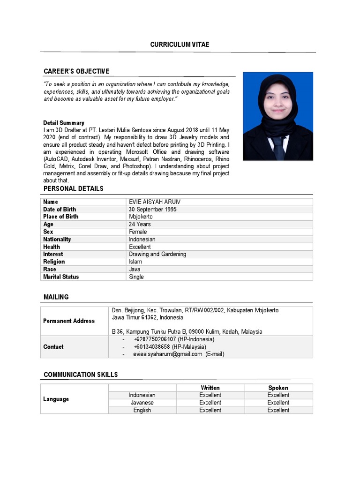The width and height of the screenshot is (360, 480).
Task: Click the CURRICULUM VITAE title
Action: (x=180, y=45)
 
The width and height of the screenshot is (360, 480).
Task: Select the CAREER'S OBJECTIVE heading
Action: (x=76, y=71)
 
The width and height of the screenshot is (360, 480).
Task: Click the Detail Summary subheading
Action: (x=64, y=123)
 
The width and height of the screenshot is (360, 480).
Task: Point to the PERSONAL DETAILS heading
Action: (x=74, y=188)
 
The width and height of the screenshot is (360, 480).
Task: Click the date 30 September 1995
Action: (x=153, y=210)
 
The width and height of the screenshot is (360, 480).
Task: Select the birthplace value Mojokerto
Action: (x=141, y=217)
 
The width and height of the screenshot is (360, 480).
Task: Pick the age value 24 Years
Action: (x=140, y=225)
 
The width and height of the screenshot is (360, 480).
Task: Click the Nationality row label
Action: (x=57, y=240)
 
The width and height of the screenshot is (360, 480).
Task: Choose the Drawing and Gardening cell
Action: (x=157, y=255)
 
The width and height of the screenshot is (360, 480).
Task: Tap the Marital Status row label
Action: (x=61, y=277)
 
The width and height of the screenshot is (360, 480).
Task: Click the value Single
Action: (x=136, y=277)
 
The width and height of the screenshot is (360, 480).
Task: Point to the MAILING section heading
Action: (x=56, y=297)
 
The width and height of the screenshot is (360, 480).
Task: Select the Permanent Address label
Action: (x=69, y=321)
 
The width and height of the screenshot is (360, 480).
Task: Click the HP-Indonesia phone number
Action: (x=155, y=339)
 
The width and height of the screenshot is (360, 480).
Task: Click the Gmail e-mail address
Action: (x=167, y=354)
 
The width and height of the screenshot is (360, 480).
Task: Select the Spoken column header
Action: (x=278, y=388)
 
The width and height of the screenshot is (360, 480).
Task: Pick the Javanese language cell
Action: (x=142, y=403)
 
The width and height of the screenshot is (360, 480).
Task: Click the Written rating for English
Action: (x=210, y=410)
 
